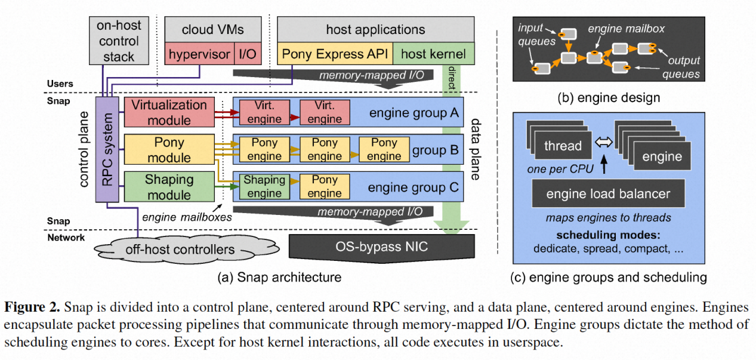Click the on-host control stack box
tap(119, 41)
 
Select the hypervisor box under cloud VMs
tap(199, 54)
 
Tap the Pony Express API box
tap(335, 54)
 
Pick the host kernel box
tap(433, 54)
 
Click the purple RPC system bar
tap(107, 150)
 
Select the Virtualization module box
tap(169, 112)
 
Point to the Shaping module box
tap(169, 187)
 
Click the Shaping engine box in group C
tap(264, 186)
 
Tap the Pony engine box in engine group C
tap(325, 186)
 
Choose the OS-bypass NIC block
tap(382, 248)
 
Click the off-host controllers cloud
tap(186, 250)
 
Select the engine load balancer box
tap(608, 193)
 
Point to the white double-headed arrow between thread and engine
tap(603, 142)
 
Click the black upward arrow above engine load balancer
tap(604, 164)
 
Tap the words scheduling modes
tap(608, 235)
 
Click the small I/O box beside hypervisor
tap(248, 54)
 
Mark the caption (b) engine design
tap(609, 98)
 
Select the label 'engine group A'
tap(414, 113)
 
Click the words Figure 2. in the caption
tap(32, 307)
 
